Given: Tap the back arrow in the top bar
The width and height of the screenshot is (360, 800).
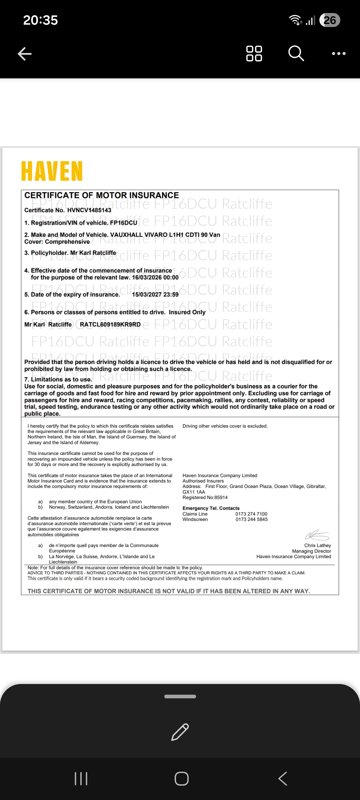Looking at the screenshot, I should click(25, 54).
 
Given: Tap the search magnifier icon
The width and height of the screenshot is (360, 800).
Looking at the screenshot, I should click(296, 54).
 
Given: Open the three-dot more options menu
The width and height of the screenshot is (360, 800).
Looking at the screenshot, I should click(339, 54).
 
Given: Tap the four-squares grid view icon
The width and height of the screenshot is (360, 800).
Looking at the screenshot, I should click(254, 54).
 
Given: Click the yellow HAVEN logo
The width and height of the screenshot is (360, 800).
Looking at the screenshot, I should click(52, 171).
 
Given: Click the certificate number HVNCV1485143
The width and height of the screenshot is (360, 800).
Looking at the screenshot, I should click(89, 210).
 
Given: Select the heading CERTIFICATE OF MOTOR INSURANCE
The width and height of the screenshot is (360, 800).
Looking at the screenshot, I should click(102, 195).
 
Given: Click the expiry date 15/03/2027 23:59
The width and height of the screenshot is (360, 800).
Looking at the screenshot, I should click(155, 295).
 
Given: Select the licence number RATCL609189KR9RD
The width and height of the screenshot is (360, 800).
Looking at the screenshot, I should click(110, 325).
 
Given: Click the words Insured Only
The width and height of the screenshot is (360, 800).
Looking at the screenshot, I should click(187, 312).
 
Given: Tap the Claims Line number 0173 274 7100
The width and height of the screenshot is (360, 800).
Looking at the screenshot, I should click(251, 514).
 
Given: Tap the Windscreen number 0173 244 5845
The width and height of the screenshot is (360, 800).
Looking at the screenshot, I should click(252, 519).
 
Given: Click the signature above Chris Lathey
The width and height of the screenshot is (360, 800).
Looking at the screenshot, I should click(317, 535).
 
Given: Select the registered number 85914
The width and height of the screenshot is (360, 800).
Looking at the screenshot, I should click(221, 497).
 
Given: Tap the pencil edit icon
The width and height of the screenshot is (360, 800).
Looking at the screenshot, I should click(180, 732).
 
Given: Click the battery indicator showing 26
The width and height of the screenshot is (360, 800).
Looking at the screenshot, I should click(330, 20).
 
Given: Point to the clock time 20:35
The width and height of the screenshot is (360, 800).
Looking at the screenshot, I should click(41, 20).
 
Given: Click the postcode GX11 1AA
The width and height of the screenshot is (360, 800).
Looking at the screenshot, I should click(194, 492).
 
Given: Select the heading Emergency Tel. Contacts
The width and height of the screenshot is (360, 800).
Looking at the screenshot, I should click(211, 508).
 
